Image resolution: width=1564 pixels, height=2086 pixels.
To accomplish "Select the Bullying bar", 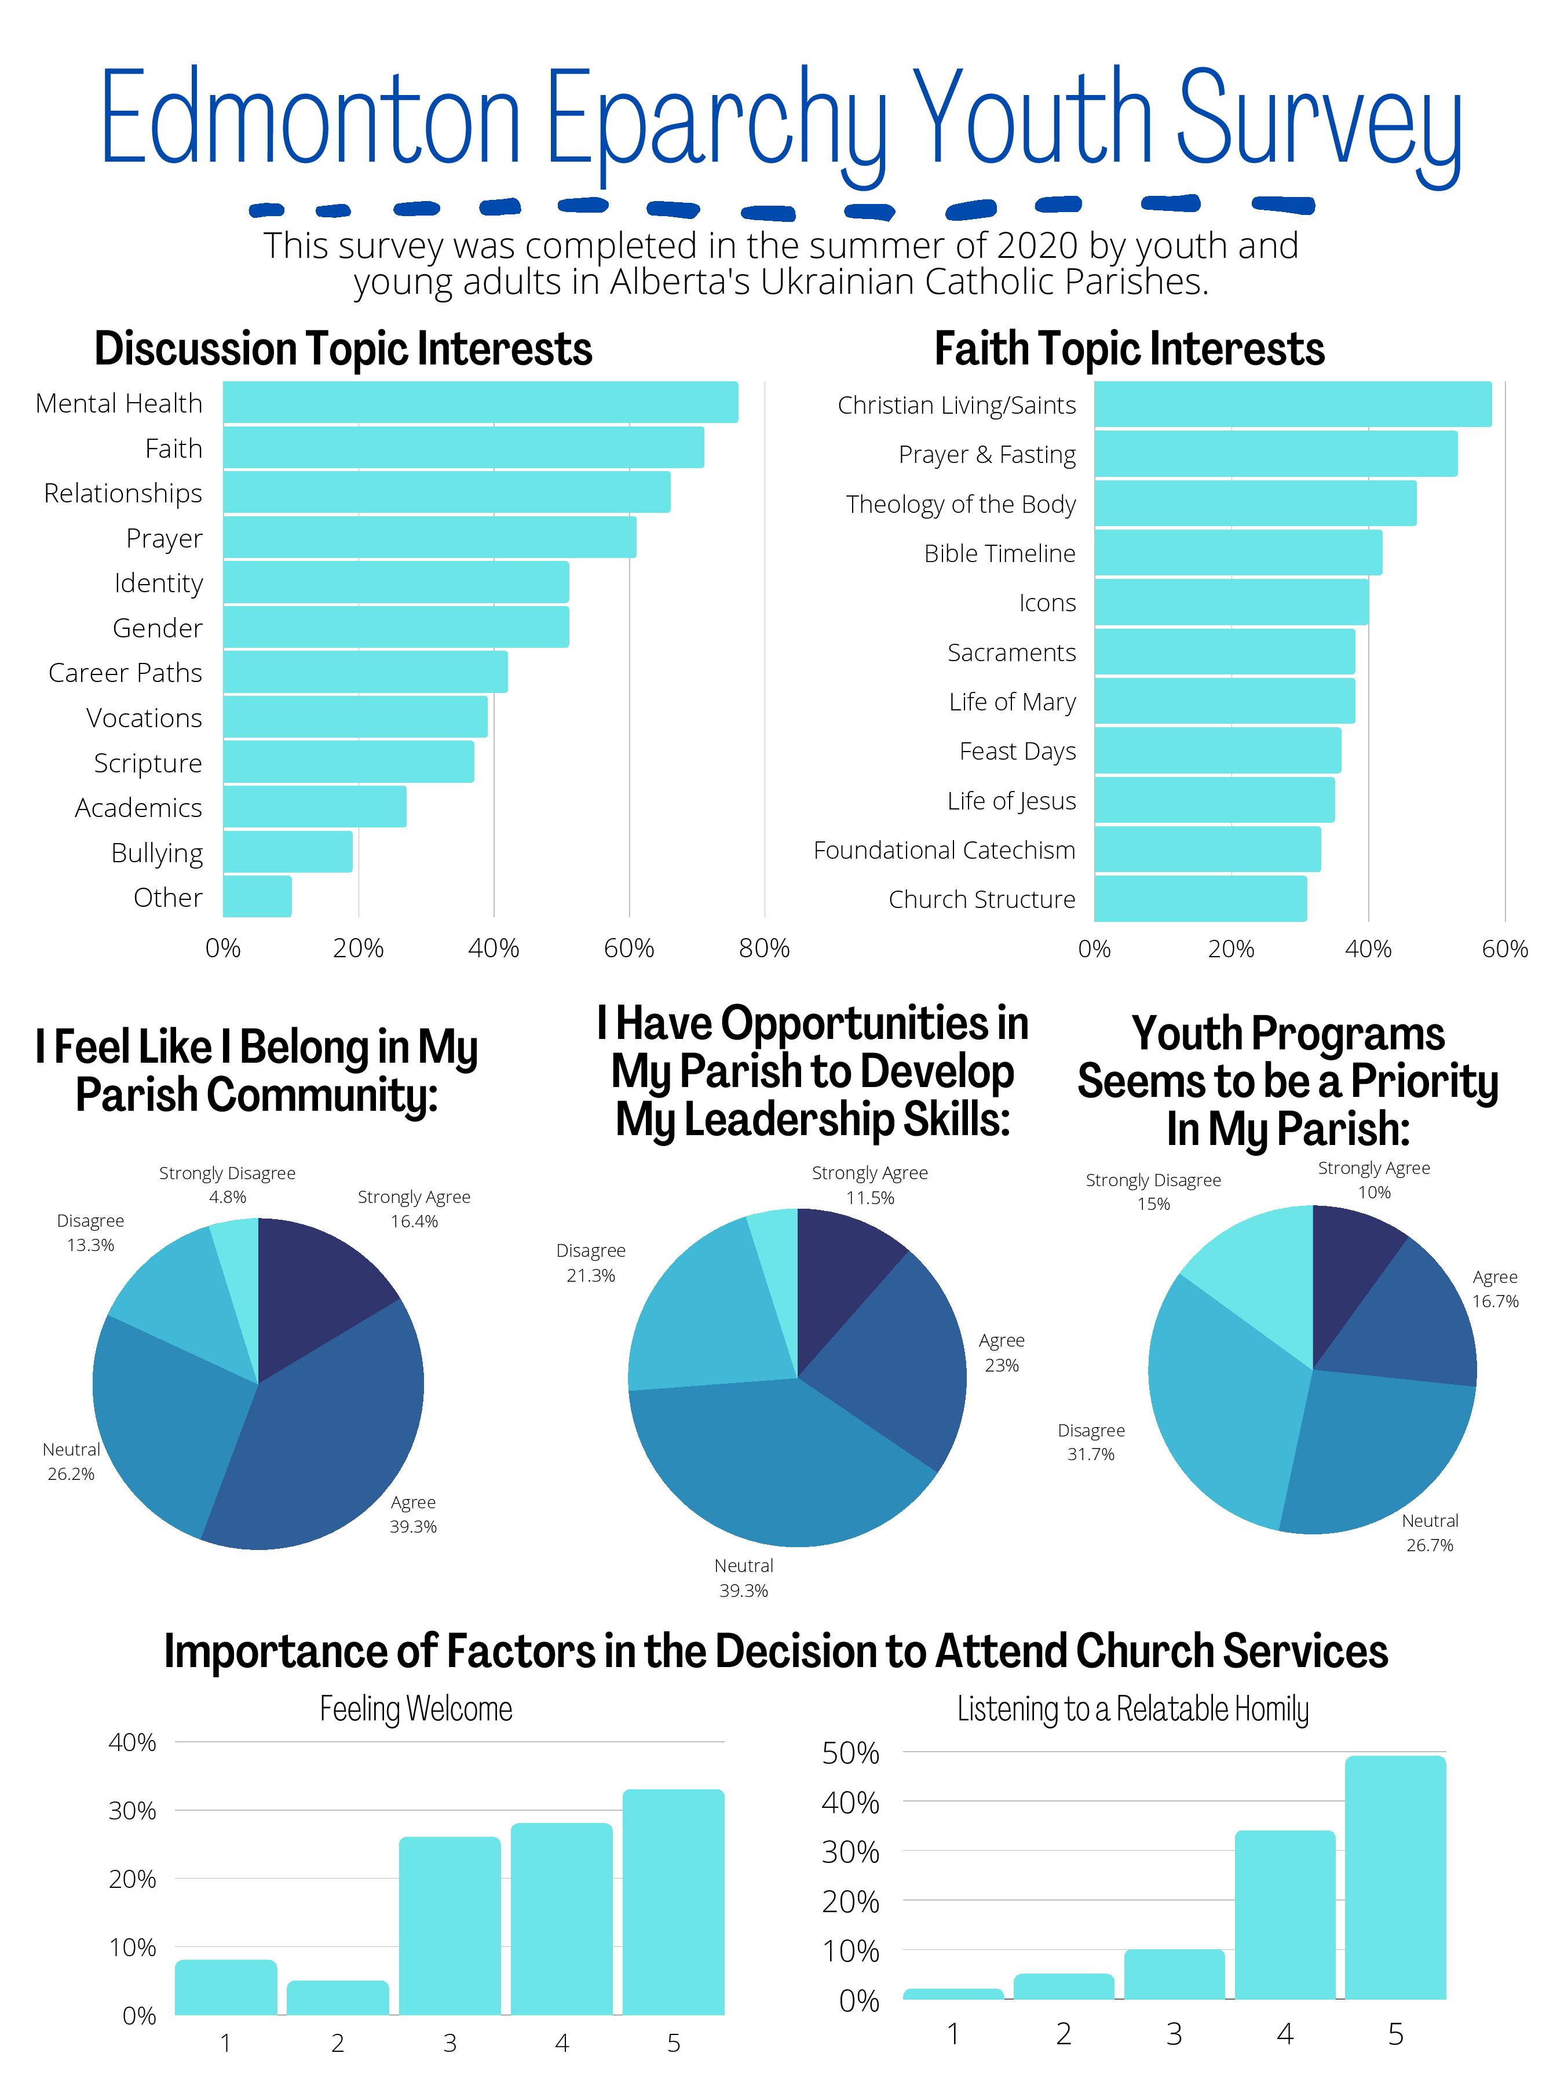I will pyautogui.click(x=287, y=852).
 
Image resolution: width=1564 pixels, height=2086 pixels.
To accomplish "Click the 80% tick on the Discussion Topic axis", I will pyautogui.click(x=763, y=948).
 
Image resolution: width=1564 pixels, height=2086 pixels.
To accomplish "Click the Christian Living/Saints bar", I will pyautogui.click(x=1292, y=404).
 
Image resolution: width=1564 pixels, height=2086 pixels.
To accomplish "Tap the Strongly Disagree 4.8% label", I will pyautogui.click(x=227, y=1184).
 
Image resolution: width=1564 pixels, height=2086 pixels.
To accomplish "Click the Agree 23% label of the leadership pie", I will pyautogui.click(x=1001, y=1352).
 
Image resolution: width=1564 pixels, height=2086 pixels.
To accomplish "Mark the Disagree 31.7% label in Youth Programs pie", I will pyautogui.click(x=1091, y=1442).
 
